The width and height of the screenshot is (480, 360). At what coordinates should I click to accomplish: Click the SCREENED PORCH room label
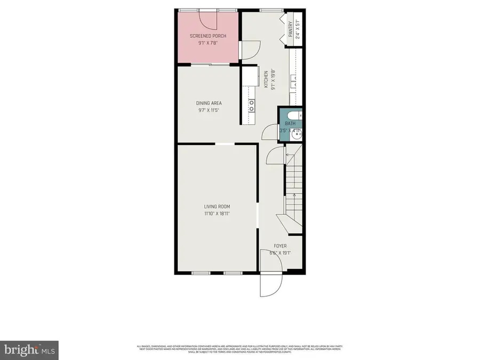pyautogui.click(x=208, y=36)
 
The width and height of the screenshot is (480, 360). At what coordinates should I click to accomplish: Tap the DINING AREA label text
pyautogui.click(x=209, y=103)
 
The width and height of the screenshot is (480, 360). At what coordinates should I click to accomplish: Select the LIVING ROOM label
pyautogui.click(x=217, y=206)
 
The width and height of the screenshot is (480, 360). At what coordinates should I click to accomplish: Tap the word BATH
pyautogui.click(x=290, y=124)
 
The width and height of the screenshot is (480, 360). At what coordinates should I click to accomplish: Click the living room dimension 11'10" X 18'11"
pyautogui.click(x=217, y=213)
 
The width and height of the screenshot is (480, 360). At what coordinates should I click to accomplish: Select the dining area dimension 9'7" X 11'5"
pyautogui.click(x=209, y=110)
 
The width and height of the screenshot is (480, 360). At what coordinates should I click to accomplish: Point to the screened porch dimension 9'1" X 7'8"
pyautogui.click(x=208, y=43)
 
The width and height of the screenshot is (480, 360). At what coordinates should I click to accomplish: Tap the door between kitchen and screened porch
pyautogui.click(x=248, y=51)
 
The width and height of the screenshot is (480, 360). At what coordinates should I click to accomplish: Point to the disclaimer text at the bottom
pyautogui.click(x=240, y=349)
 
